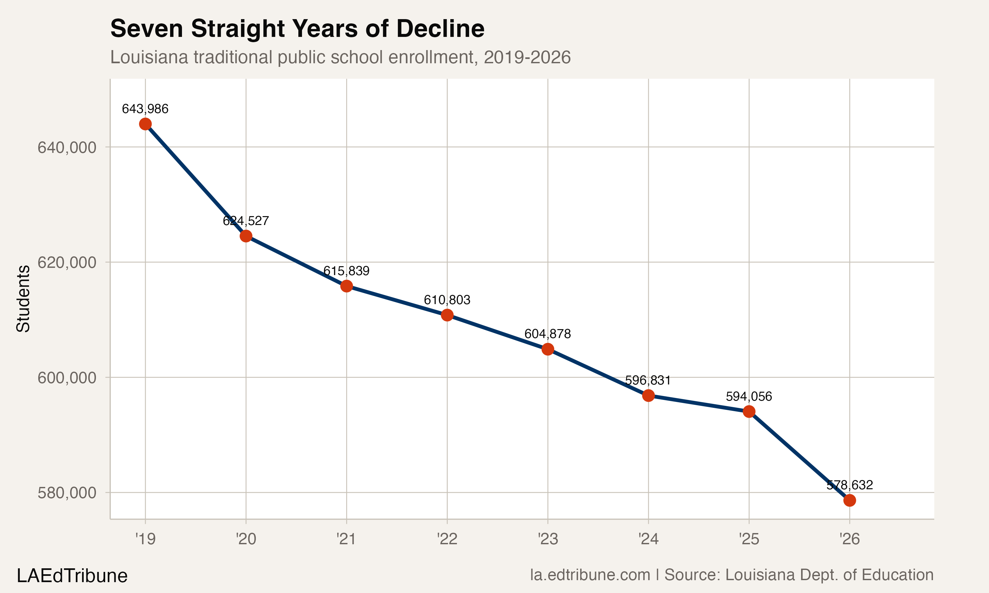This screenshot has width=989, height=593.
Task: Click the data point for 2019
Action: coord(145,124)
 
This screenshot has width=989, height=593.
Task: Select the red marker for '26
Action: coord(850,500)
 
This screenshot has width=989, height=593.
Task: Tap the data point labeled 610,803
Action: coord(447,315)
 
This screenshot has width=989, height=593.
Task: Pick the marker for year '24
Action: coord(648,396)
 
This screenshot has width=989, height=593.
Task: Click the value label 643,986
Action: coord(145,109)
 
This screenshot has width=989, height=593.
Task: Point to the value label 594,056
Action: coord(749,396)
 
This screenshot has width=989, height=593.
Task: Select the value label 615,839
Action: coord(346,271)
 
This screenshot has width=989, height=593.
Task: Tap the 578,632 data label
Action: coord(850,485)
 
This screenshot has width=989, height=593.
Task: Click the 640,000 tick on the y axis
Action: coord(67,148)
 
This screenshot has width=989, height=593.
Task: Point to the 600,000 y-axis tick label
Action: coord(67,378)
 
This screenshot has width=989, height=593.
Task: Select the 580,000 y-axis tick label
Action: coord(67,493)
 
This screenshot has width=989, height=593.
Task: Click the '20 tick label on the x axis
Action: coord(246,539)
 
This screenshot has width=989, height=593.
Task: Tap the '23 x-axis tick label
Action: coord(548,539)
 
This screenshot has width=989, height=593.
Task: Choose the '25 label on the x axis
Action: coord(749,539)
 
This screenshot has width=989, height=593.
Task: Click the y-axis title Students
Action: coord(23,298)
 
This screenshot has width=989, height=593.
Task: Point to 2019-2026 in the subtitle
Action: coord(527,58)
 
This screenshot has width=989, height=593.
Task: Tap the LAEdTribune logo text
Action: coord(72,576)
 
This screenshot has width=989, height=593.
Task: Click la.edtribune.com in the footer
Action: coord(590,575)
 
